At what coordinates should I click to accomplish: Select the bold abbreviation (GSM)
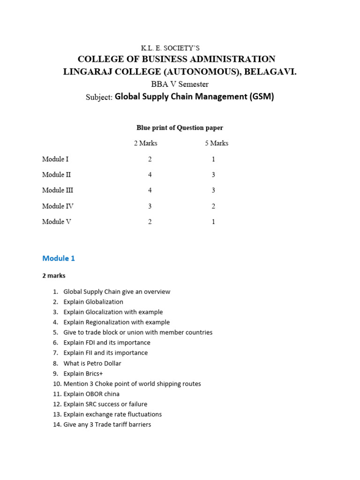[x=262, y=97]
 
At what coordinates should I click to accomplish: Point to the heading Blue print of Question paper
[x=180, y=127]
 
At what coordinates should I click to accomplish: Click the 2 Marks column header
[x=145, y=143]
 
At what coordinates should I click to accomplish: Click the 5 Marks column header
[x=217, y=143]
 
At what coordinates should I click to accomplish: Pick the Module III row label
[x=58, y=190]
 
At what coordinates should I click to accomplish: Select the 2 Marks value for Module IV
[x=150, y=206]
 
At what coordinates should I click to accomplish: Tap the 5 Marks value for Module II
[x=213, y=175]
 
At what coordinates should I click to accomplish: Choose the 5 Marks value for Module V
[x=213, y=222]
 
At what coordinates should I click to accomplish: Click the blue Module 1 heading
[x=59, y=258]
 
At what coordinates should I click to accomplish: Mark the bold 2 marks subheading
[x=54, y=276]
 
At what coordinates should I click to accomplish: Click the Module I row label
[x=55, y=159]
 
